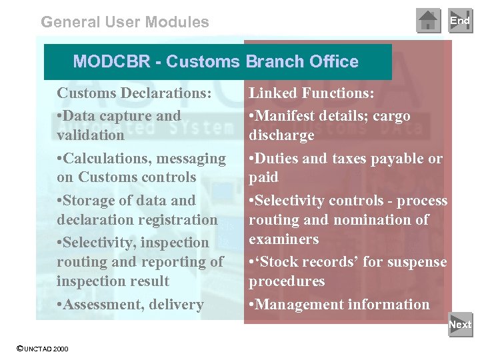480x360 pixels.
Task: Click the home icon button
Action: coord(428,21)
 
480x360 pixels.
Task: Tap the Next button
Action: coord(460,325)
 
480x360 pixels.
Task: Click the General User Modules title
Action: coord(125,22)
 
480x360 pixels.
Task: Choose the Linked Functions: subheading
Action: coord(311,93)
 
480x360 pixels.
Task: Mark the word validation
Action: coord(91,135)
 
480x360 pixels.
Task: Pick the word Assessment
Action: coord(98,305)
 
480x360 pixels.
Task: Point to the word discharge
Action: coord(281,135)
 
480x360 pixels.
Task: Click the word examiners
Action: coord(284,239)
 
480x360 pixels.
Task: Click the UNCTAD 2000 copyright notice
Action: coord(42,349)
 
